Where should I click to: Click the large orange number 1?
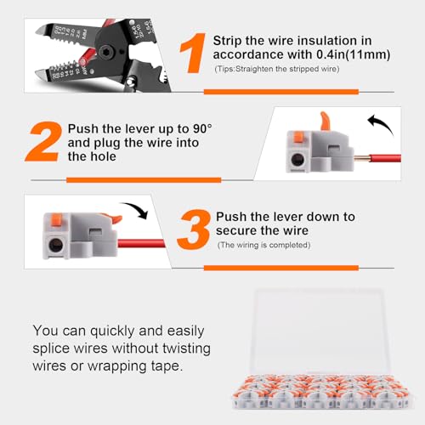pyautogui.click(x=194, y=53)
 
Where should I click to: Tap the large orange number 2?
pyautogui.click(x=44, y=142)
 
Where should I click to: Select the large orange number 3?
pyautogui.click(x=194, y=229)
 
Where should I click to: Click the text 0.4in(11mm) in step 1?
pyautogui.click(x=354, y=54)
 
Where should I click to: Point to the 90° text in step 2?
pyautogui.click(x=202, y=128)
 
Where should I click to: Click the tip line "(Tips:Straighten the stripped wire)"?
pyautogui.click(x=277, y=69)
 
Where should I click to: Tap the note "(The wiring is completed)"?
pyautogui.click(x=263, y=245)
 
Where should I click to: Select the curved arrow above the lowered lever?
pyautogui.click(x=136, y=208)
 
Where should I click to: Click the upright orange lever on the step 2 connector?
pyautogui.click(x=326, y=122)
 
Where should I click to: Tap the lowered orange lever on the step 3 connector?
pyautogui.click(x=114, y=218)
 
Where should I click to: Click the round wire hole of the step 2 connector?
pyautogui.click(x=297, y=160)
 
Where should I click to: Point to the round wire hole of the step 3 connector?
pyautogui.click(x=56, y=245)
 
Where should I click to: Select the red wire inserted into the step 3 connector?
pyautogui.click(x=141, y=243)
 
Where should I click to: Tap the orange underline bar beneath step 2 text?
pyautogui.click(x=144, y=180)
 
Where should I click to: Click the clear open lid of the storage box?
pyautogui.click(x=320, y=331)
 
